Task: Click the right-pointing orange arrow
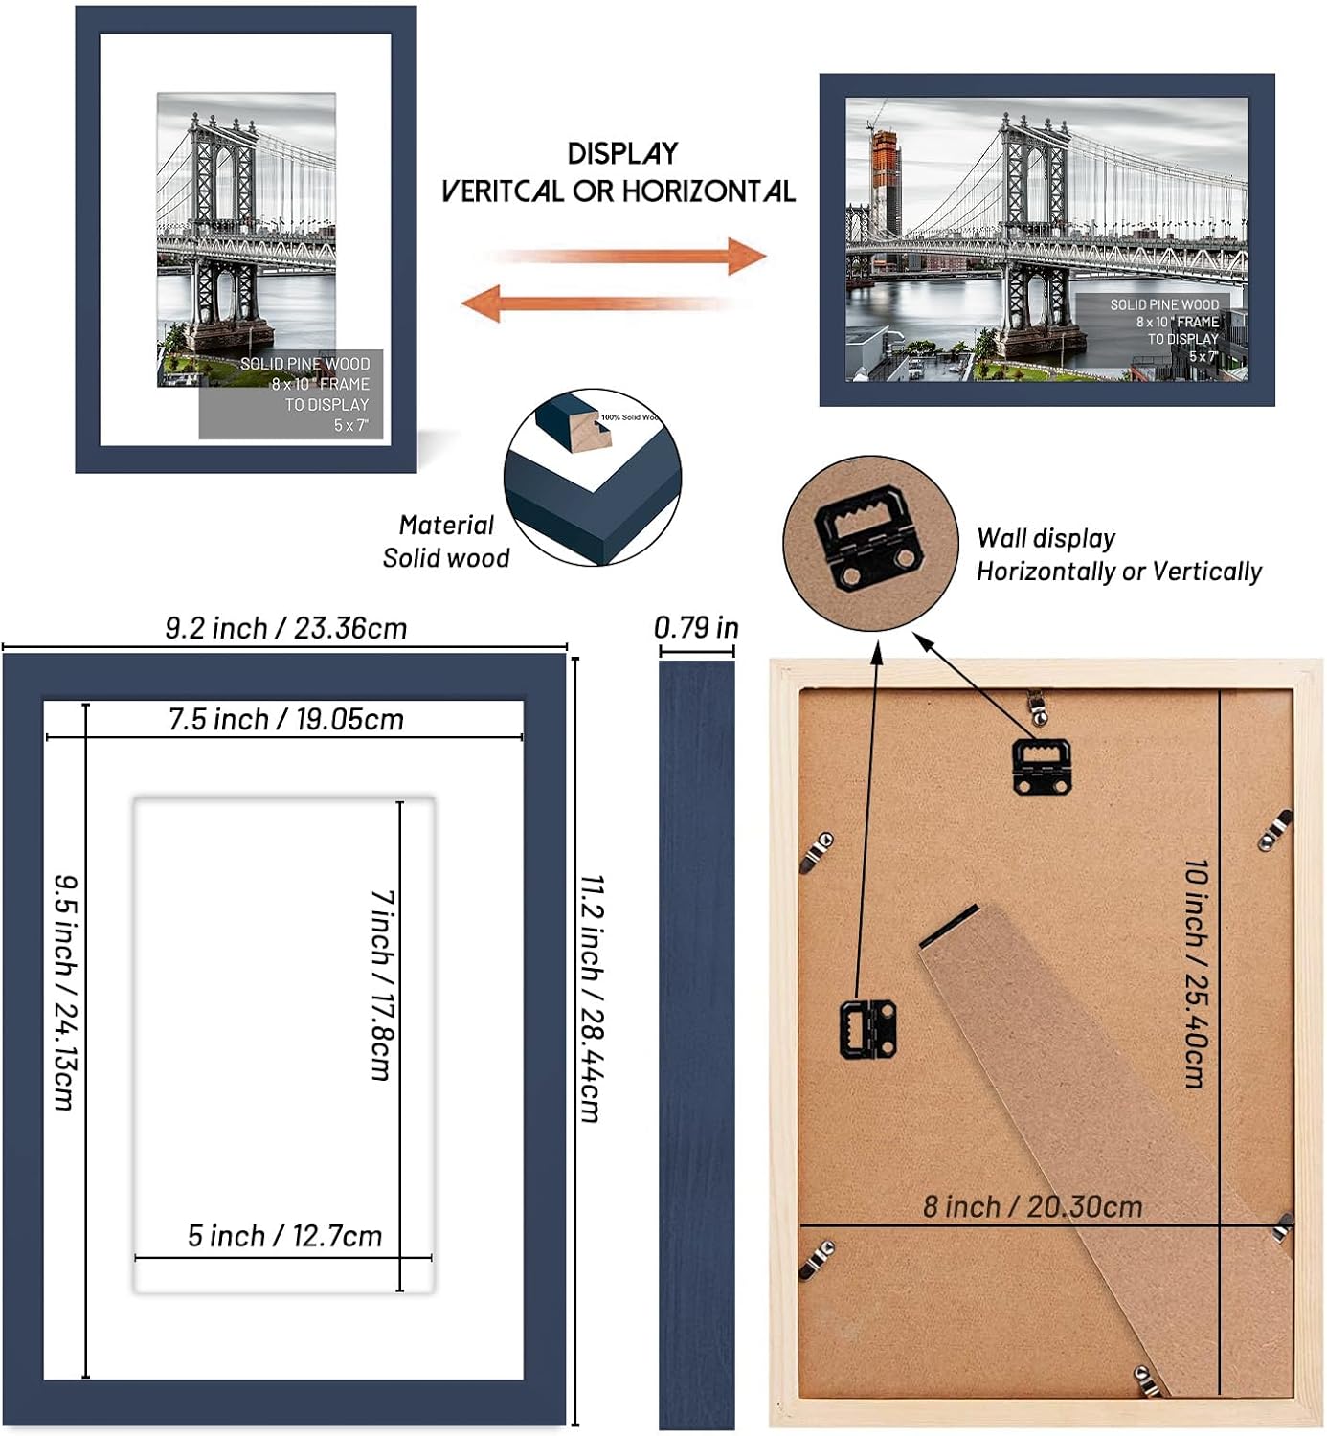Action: (x=632, y=257)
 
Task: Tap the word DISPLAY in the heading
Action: (x=622, y=154)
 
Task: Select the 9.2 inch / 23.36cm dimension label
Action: (x=285, y=628)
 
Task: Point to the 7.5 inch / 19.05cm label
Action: (x=285, y=719)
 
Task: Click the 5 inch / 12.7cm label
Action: (x=284, y=1236)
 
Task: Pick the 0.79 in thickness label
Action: (x=696, y=627)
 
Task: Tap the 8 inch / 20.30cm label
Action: (x=1032, y=1206)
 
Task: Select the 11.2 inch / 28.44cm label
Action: (x=592, y=997)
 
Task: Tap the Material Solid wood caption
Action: (x=445, y=541)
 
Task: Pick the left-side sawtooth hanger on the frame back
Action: (x=867, y=1027)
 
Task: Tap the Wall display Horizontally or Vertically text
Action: (x=1117, y=555)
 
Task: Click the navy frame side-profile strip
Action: (x=696, y=1043)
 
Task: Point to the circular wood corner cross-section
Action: (x=592, y=477)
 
